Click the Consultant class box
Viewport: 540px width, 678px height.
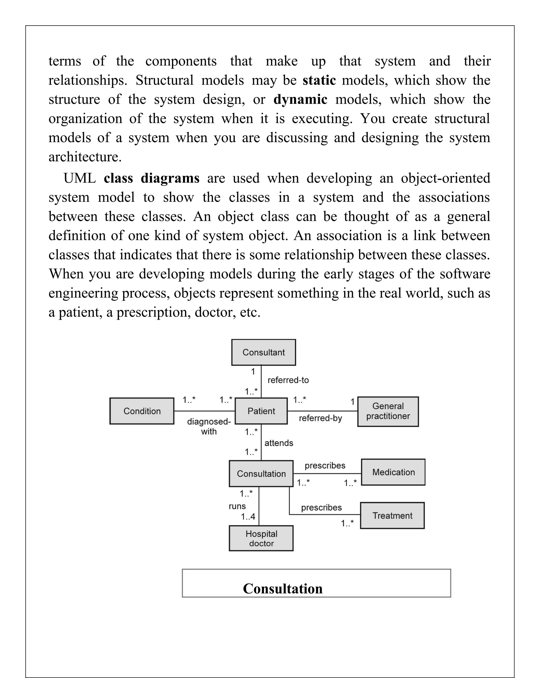(264, 352)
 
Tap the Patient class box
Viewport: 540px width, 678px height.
(261, 411)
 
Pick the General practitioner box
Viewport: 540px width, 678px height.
(388, 411)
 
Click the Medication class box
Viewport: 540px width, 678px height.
(393, 472)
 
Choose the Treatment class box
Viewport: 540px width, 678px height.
(392, 516)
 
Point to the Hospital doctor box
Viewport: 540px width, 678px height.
(261, 538)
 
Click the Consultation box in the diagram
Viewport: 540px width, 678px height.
(261, 474)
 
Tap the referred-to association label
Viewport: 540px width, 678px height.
(288, 380)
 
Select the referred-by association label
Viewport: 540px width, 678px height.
(320, 418)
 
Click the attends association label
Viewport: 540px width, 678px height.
(279, 443)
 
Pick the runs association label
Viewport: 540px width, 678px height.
(237, 506)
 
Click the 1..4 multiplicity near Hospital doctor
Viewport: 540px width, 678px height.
(248, 517)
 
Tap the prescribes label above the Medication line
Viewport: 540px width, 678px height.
(325, 466)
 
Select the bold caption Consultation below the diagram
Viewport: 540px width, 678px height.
(283, 589)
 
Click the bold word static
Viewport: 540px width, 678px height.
(319, 80)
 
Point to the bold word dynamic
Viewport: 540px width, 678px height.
(300, 99)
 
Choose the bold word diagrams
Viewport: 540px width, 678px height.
(170, 178)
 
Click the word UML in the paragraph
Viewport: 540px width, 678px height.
(80, 178)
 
